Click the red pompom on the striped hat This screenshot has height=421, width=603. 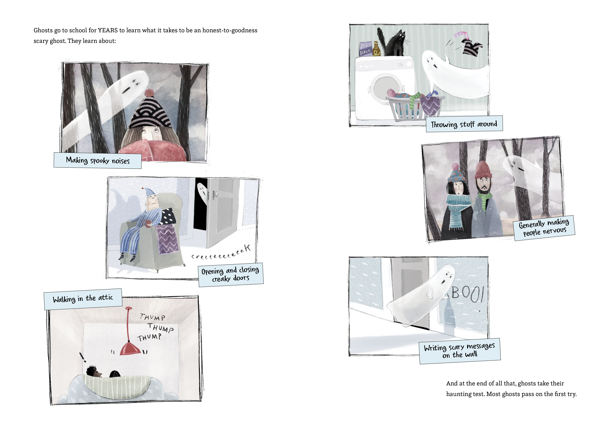tap(149, 93)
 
